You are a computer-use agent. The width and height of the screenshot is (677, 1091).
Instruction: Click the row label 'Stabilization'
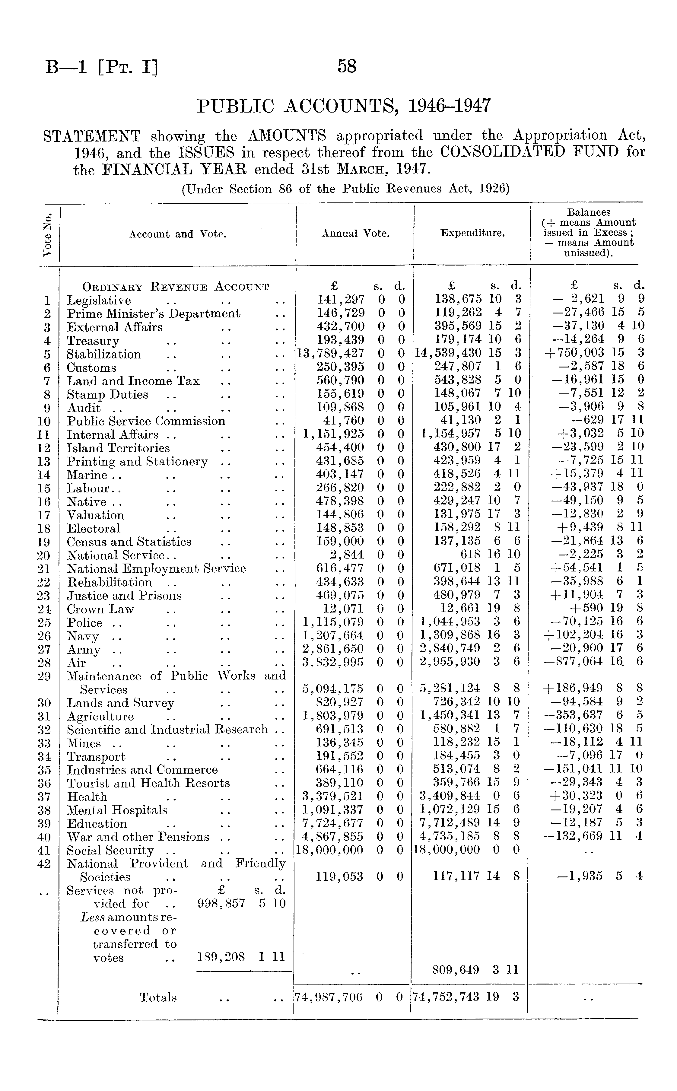tap(104, 354)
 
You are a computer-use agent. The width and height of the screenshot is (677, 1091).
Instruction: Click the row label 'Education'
tap(97, 824)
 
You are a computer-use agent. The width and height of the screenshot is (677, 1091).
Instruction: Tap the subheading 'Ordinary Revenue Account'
tap(176, 287)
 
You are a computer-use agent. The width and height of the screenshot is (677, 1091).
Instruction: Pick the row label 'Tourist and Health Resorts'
tap(148, 783)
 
